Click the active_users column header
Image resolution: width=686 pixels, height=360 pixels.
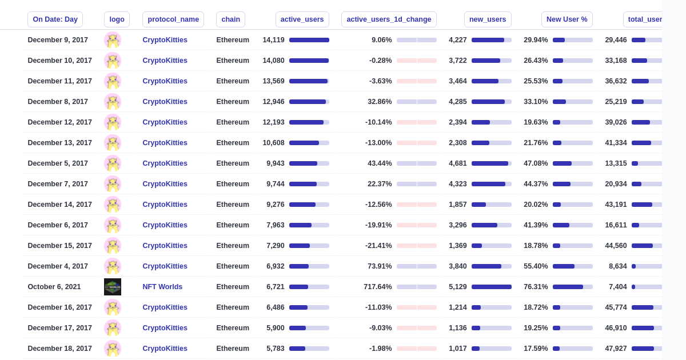pos(302,19)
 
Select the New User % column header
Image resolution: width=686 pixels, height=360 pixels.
pos(567,19)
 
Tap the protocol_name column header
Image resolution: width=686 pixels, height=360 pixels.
pos(173,19)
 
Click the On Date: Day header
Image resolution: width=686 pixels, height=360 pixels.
pos(55,19)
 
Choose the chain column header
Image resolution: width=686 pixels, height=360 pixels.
pos(230,19)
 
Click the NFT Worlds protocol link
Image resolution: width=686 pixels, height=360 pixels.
pos(162,287)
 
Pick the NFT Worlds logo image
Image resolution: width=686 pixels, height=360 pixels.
pos(113,287)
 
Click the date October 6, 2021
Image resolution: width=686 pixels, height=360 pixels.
pos(54,287)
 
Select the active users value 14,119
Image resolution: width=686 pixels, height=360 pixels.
pos(273,40)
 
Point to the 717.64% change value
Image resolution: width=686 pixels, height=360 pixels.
pos(378,287)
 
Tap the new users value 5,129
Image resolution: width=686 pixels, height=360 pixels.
pos(458,287)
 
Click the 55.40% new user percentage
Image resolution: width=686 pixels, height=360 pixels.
pos(536,266)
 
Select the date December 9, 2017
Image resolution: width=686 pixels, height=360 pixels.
pos(58,40)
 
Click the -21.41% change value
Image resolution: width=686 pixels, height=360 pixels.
pos(378,246)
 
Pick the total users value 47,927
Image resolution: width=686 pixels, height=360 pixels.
pos(616,349)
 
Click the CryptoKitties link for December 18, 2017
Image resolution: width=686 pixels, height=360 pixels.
pos(165,349)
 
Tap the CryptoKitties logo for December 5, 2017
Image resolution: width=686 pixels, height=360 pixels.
pos(113,163)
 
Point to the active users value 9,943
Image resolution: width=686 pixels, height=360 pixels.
pos(276,163)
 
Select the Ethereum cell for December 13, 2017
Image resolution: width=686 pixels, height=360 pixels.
pos(233,143)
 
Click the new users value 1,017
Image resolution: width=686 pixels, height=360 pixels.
pos(458,349)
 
